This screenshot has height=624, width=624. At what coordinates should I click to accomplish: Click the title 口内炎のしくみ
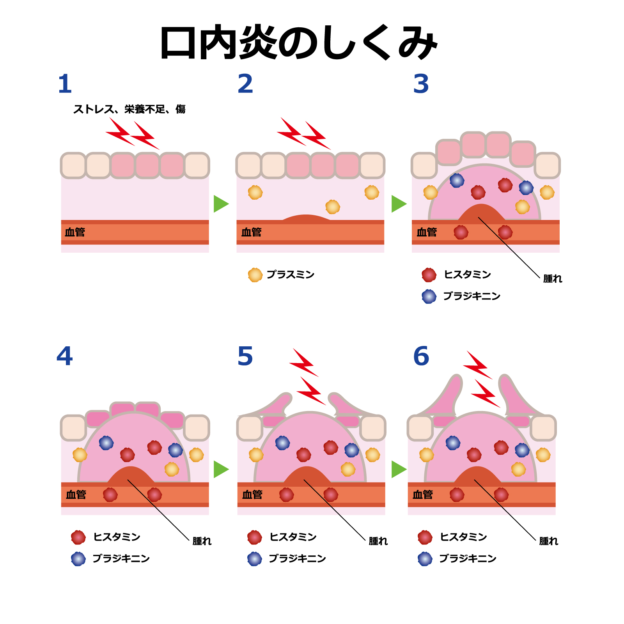298,43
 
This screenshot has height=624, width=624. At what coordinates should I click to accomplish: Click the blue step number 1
65,84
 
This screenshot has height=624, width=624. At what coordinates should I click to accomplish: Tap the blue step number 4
64,356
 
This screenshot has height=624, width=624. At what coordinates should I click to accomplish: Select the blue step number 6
421,356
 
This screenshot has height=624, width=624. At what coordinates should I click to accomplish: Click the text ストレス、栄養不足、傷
129,109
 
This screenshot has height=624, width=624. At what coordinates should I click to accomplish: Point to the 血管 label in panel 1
75,232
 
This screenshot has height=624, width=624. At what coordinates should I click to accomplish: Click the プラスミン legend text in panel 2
291,275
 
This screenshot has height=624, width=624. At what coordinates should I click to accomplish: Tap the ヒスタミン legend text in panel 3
467,275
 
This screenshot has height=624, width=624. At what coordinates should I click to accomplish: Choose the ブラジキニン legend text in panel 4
121,558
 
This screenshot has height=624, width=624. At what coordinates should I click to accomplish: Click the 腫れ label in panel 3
553,278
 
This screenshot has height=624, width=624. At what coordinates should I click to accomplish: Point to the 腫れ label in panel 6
548,541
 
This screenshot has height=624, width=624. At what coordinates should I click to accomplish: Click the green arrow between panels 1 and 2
221,204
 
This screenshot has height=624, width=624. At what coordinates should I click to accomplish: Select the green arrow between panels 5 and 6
399,469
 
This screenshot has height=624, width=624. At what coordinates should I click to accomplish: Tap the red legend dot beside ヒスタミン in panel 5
255,537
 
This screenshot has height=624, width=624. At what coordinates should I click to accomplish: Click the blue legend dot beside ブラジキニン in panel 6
425,558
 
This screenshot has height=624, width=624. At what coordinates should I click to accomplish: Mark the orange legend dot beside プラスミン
255,275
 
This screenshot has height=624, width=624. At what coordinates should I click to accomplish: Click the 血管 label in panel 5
252,495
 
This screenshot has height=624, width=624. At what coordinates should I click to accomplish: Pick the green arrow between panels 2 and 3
399,204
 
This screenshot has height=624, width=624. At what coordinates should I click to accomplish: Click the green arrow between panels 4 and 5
221,469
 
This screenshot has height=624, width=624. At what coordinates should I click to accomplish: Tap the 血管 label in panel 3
427,232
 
